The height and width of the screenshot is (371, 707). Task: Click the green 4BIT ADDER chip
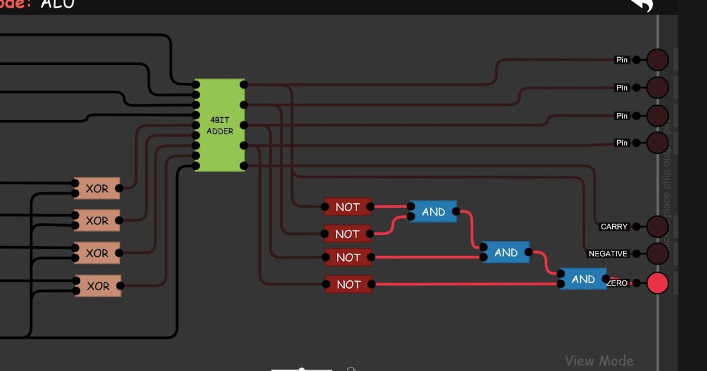[x=220, y=125]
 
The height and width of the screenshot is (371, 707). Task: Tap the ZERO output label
[x=617, y=283]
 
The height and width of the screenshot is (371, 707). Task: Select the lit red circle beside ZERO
[x=658, y=283]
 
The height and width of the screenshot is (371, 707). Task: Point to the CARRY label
[x=614, y=227]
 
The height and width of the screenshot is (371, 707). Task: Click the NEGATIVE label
[x=608, y=254]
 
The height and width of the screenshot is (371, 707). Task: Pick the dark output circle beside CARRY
[x=658, y=226]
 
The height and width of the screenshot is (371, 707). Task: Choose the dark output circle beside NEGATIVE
[x=658, y=254]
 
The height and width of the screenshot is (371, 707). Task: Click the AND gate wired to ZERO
[x=583, y=279]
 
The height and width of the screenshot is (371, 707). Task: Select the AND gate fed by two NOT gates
[x=433, y=211]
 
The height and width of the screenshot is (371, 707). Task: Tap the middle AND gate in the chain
[x=506, y=252]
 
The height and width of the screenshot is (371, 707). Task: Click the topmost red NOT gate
[x=348, y=207]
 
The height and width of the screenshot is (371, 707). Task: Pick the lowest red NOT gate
[x=349, y=284]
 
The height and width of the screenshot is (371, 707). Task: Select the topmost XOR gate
[x=97, y=188]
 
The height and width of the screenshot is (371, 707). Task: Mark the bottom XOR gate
[x=98, y=286]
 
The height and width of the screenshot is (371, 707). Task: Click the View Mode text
[x=599, y=360]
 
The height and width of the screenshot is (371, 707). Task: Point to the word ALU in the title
[x=58, y=4]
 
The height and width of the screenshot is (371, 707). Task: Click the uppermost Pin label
[x=622, y=59]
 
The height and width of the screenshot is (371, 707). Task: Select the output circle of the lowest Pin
[x=658, y=143]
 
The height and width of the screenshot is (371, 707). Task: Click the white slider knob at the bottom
[x=302, y=369]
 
